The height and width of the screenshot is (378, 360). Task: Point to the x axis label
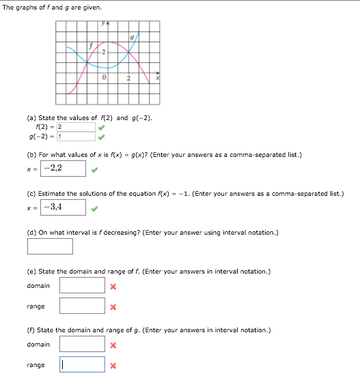(x=158, y=78)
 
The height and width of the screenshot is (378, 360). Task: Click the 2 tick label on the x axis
(x=128, y=78)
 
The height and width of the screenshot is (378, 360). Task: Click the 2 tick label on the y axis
(x=103, y=53)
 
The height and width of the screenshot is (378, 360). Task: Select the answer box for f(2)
(x=76, y=127)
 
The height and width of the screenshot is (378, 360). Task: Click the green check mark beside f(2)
(x=101, y=127)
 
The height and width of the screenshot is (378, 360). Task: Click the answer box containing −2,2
(x=64, y=168)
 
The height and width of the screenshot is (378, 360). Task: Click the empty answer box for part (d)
(x=50, y=246)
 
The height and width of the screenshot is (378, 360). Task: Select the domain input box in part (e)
(x=82, y=285)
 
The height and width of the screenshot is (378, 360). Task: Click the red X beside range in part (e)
(x=113, y=307)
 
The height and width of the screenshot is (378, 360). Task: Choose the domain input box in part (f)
(x=82, y=345)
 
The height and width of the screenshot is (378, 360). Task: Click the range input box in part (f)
(x=82, y=365)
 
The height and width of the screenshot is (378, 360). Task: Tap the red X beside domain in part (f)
(x=113, y=345)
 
